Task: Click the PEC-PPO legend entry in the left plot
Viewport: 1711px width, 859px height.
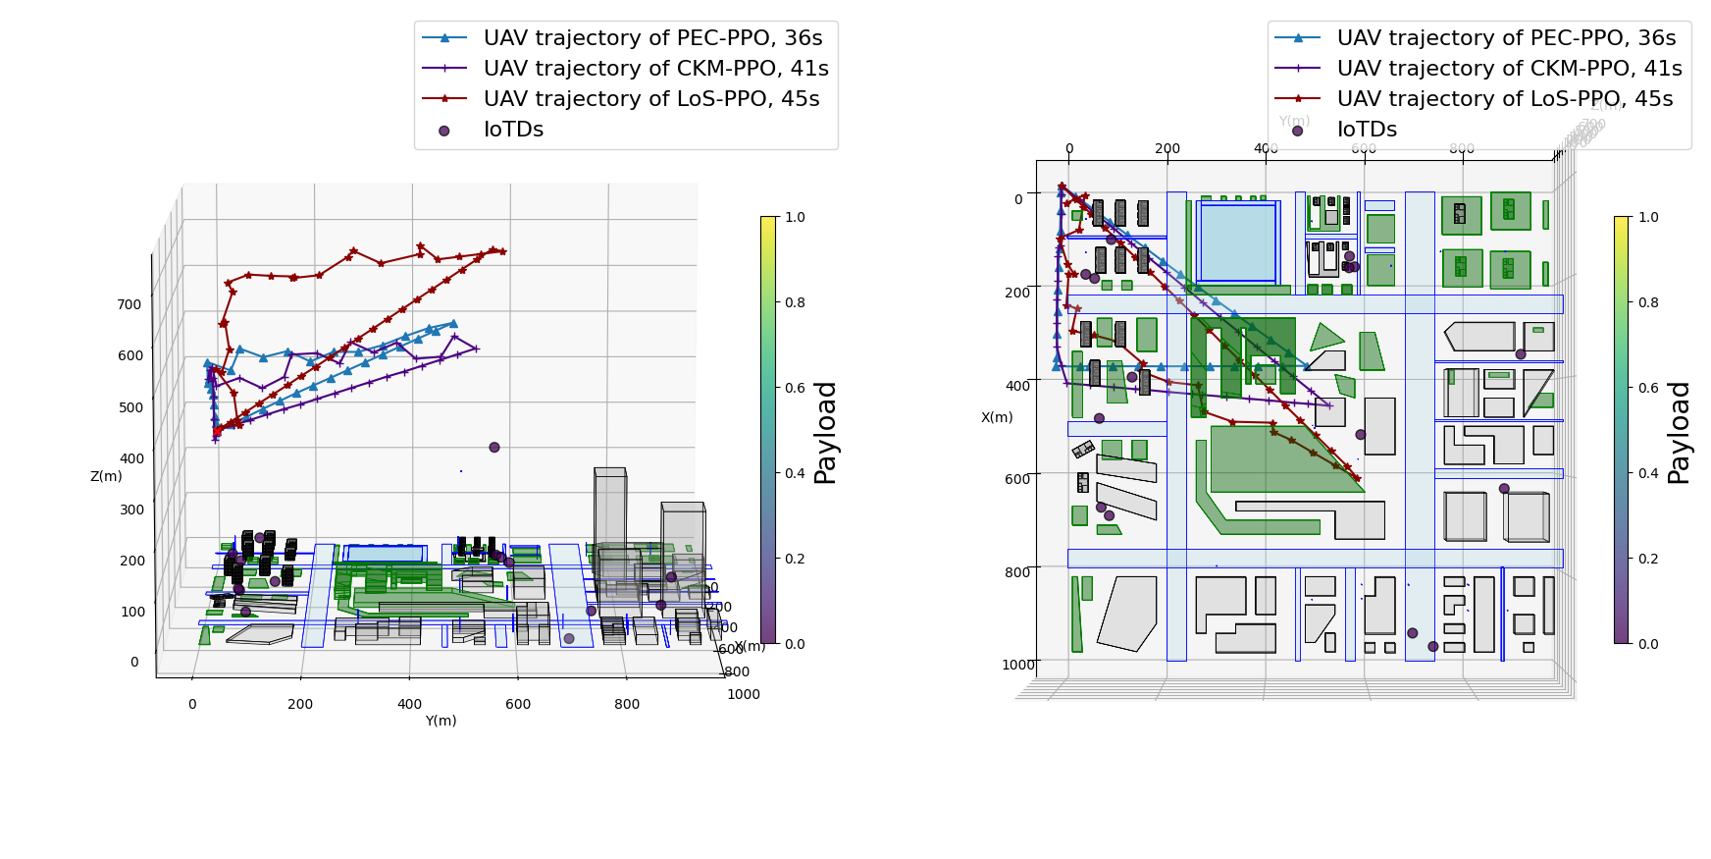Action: (x=652, y=38)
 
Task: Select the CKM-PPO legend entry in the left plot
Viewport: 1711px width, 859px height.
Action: (x=655, y=69)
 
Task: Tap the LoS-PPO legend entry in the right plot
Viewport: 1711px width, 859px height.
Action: (x=1504, y=99)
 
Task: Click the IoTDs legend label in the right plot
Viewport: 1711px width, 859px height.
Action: (x=1367, y=130)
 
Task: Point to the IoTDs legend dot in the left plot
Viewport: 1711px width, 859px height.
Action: (x=444, y=131)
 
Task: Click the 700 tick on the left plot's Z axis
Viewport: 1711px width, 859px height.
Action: (x=130, y=304)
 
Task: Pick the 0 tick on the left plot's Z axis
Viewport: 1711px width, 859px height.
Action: (x=134, y=662)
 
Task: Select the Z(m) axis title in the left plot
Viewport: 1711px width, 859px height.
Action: (x=106, y=476)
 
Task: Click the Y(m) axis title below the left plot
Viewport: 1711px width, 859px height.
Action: (x=441, y=721)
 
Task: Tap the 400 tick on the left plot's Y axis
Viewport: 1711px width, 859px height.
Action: (x=409, y=704)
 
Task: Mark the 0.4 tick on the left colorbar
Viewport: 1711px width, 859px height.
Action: (x=795, y=473)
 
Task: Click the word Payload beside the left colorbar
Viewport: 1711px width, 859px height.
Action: (x=825, y=432)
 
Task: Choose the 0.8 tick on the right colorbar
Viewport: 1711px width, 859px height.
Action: (x=1648, y=302)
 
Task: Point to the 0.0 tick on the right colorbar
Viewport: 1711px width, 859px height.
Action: (x=1648, y=644)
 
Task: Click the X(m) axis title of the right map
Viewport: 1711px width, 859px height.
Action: (x=997, y=417)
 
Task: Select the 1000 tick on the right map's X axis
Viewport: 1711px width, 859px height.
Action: (x=1018, y=665)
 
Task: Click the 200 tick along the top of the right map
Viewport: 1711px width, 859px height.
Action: (x=1167, y=149)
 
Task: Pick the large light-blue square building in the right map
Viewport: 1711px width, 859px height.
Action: (x=1237, y=242)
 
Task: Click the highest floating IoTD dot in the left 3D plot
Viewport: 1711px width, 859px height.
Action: (x=494, y=448)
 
